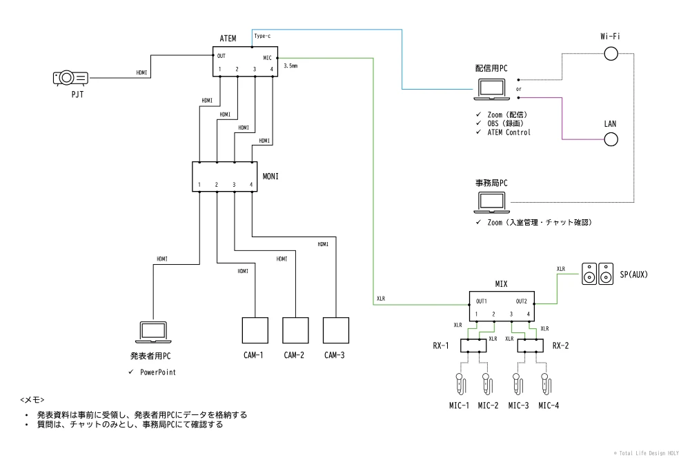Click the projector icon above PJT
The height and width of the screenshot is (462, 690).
tap(70, 79)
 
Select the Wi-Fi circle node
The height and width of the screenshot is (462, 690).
tap(611, 53)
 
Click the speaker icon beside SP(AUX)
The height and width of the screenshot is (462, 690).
tap(596, 274)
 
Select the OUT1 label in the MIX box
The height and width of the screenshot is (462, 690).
tap(482, 301)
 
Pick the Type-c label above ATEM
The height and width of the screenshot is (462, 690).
tap(262, 35)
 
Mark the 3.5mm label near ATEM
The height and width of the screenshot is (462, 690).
tap(290, 67)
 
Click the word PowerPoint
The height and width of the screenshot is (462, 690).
tap(158, 372)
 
